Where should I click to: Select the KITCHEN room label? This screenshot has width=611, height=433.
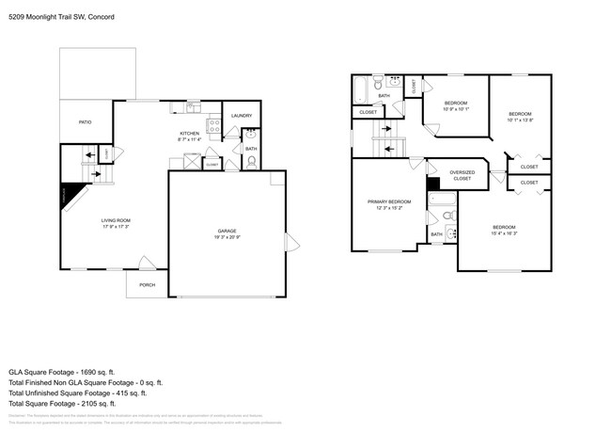[x=191, y=134]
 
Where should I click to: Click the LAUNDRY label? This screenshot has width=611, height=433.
[x=242, y=116]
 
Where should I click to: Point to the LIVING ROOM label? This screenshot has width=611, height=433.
[x=116, y=221]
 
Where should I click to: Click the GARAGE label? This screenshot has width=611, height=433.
[x=226, y=231]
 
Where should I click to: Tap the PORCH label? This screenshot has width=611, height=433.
[x=147, y=284]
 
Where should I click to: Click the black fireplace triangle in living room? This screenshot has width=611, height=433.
[x=67, y=195]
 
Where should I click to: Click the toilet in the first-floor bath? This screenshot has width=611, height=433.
[x=251, y=161]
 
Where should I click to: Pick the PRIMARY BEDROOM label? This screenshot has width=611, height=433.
[x=388, y=202]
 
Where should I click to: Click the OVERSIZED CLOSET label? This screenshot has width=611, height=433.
[x=462, y=175]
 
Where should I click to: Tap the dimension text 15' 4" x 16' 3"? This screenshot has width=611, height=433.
[x=504, y=233]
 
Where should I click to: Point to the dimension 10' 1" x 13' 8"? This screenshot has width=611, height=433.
[x=520, y=120]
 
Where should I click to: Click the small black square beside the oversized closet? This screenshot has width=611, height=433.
[x=432, y=184]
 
